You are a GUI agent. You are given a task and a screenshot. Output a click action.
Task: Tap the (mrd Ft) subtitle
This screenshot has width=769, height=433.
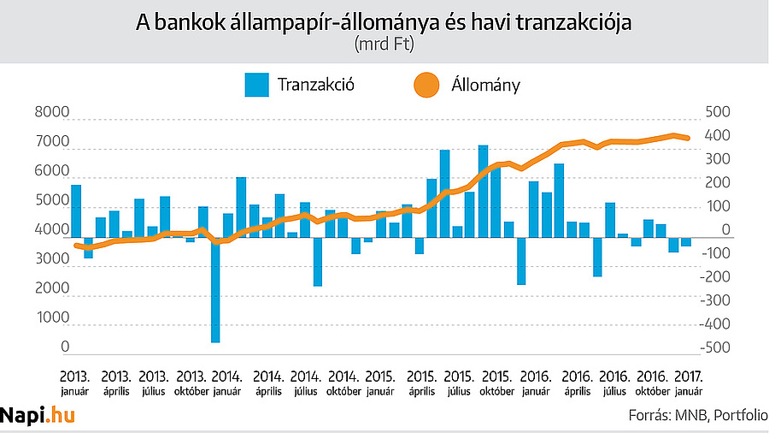point(384,44)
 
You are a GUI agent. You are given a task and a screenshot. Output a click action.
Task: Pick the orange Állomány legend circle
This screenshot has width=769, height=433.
point(426,85)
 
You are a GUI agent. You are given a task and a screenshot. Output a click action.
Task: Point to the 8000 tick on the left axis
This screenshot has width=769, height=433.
point(51,113)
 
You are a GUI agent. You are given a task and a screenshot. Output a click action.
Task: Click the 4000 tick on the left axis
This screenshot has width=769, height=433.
point(51,230)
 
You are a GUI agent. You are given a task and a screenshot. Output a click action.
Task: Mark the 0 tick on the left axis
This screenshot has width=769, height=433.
point(65,347)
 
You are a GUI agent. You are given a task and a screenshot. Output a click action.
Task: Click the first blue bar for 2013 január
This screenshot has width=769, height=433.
point(76,211)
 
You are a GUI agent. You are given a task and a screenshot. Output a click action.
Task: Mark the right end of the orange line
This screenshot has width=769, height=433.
point(690,138)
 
